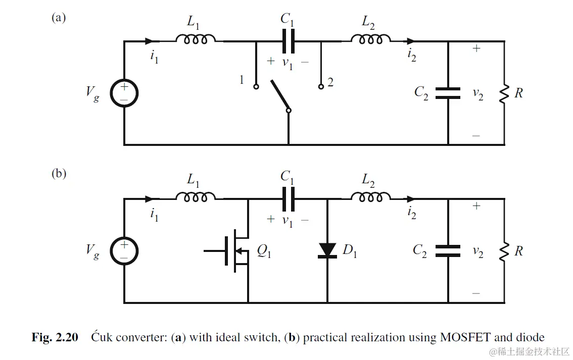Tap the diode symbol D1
click(x=327, y=250)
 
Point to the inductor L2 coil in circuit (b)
click(x=374, y=197)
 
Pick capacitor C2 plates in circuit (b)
click(x=448, y=250)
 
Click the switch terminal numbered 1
click(x=256, y=86)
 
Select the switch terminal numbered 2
click(x=321, y=86)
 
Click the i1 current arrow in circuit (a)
click(x=148, y=41)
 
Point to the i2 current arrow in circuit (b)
click(x=411, y=198)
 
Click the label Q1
click(x=264, y=251)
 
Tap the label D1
click(x=350, y=251)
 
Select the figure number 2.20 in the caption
click(x=65, y=337)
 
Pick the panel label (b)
click(x=59, y=174)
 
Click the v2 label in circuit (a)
click(x=478, y=93)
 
